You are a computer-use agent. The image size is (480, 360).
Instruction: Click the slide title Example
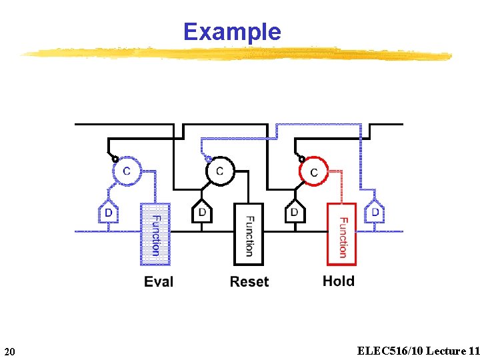pos(232,31)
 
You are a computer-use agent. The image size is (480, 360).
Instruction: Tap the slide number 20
pos(10,351)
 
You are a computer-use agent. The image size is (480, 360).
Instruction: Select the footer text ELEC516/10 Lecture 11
pos(418,351)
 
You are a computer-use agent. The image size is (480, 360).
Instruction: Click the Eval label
pos(159,281)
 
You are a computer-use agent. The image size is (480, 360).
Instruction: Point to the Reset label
pos(249,281)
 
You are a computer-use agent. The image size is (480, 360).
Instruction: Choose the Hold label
pos(339,281)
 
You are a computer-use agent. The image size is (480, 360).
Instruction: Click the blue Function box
pos(155,235)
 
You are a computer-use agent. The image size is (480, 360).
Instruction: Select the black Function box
pos(248,235)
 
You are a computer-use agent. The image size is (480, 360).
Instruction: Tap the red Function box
pos(341,235)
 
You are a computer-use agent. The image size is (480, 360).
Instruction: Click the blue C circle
pos(127,171)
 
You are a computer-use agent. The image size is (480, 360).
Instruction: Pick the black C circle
pos(220,171)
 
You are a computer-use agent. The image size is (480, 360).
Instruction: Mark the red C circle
pos(314,171)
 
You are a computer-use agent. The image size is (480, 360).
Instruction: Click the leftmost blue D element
pos(108,212)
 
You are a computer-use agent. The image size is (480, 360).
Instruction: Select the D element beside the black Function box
pos(201,212)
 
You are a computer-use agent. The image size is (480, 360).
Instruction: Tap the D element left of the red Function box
pos(294,212)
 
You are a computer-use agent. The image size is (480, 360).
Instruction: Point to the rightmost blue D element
pos(375,212)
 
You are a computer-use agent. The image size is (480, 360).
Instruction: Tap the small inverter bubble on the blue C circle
pos(115,159)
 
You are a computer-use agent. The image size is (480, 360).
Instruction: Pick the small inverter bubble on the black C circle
pos(209,159)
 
